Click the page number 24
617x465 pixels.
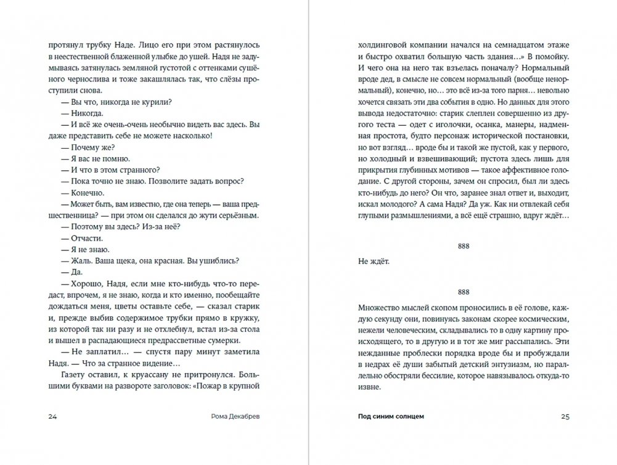(x=53, y=416)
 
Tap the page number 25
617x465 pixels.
(x=565, y=416)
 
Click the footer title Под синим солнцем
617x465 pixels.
(x=391, y=416)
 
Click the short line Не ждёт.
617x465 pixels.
(x=374, y=261)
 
